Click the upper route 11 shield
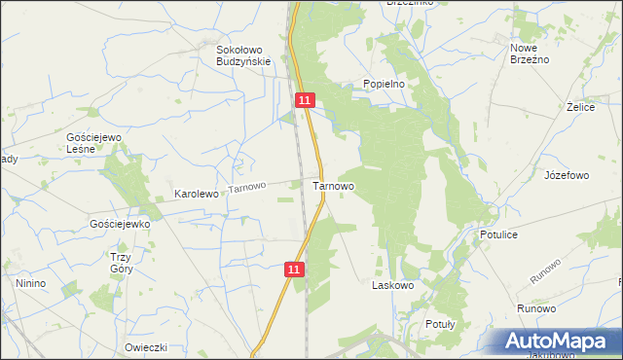coord(306,100)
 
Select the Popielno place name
coord(384,84)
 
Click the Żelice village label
coord(580,107)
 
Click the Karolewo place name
coord(196,194)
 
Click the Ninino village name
coord(30,283)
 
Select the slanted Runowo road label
coord(545,271)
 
